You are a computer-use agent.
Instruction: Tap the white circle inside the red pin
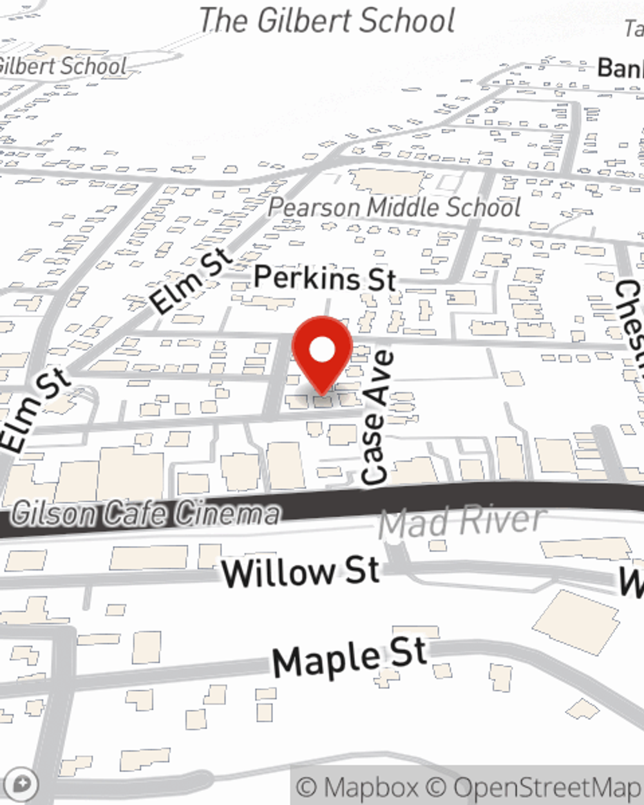click(x=322, y=351)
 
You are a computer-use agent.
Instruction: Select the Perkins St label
click(x=325, y=278)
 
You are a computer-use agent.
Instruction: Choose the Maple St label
click(x=350, y=658)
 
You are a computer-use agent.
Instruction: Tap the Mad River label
click(x=462, y=522)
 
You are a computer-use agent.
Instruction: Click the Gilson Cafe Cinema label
click(x=146, y=514)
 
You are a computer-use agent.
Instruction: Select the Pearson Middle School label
click(x=394, y=207)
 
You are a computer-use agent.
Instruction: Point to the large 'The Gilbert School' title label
click(x=327, y=21)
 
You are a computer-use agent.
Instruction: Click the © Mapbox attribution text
click(x=358, y=787)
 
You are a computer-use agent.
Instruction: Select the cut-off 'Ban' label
click(x=620, y=68)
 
